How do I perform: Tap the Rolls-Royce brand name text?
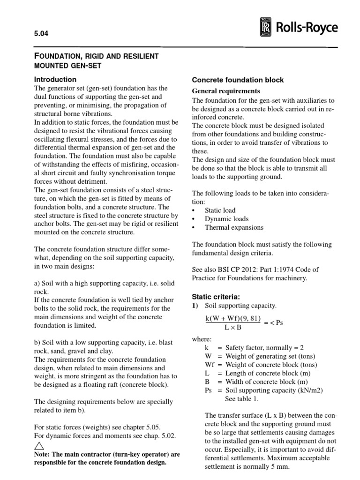(x=306, y=28)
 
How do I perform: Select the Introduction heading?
(x=56, y=80)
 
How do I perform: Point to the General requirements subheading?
(x=226, y=91)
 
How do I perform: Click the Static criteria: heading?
(x=217, y=297)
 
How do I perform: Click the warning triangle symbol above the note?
(x=40, y=446)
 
